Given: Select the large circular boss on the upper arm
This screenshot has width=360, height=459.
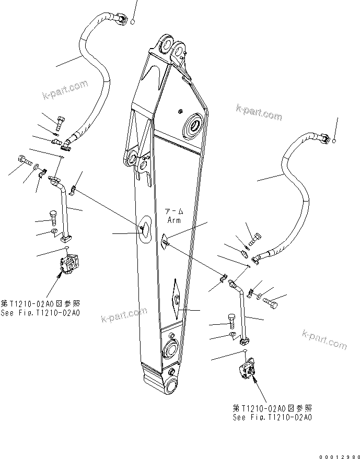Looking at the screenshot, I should pyautogui.click(x=195, y=125).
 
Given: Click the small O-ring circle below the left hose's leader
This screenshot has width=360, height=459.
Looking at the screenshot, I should pyautogui.click(x=133, y=22).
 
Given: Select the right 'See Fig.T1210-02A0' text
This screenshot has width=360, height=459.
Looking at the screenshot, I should pyautogui.click(x=273, y=417).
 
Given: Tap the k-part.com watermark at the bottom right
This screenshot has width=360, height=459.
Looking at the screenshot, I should pyautogui.click(x=324, y=339).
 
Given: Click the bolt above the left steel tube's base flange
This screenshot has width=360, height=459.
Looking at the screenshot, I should pyautogui.click(x=53, y=217).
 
